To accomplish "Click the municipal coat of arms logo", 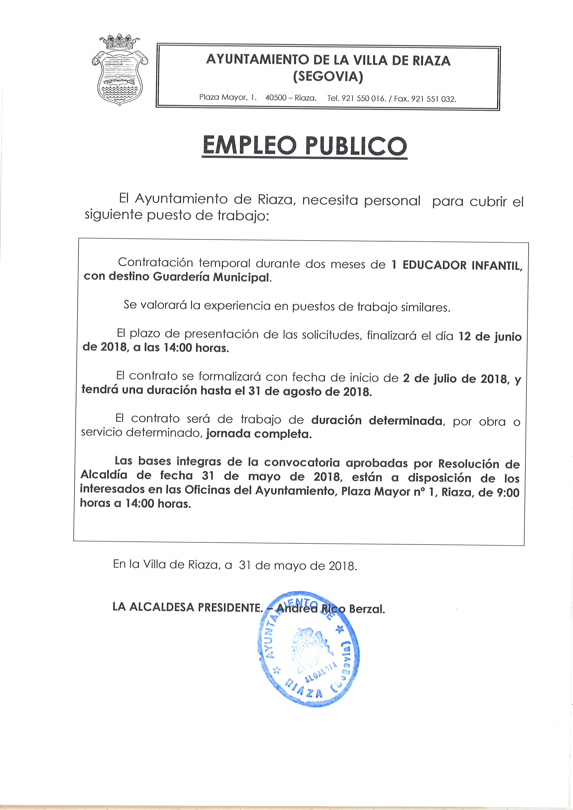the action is (120, 70).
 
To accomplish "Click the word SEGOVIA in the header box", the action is (328, 76).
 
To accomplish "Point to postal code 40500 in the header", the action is (276, 98).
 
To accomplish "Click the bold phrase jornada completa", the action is (259, 434).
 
